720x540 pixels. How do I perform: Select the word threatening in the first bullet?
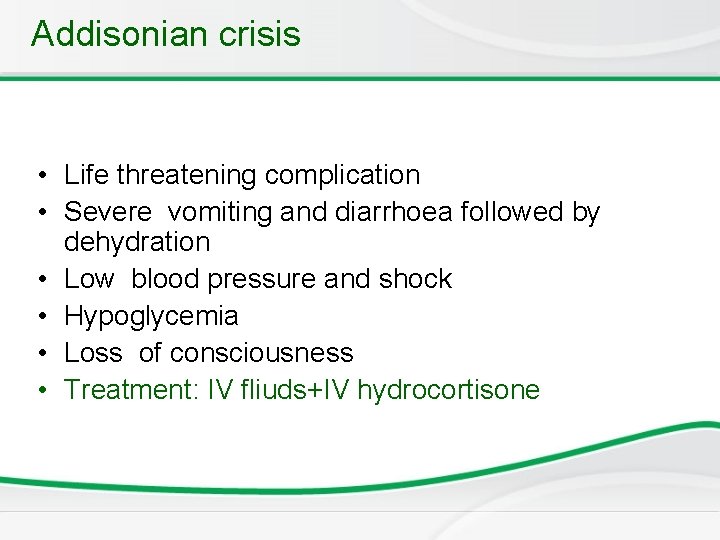click(187, 175)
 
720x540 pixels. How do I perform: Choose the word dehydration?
click(137, 242)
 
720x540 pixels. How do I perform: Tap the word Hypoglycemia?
click(151, 317)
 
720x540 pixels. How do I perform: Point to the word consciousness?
click(261, 353)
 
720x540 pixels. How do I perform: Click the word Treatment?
click(134, 390)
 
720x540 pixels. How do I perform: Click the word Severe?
click(108, 212)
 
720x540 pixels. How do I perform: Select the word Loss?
click(93, 353)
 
